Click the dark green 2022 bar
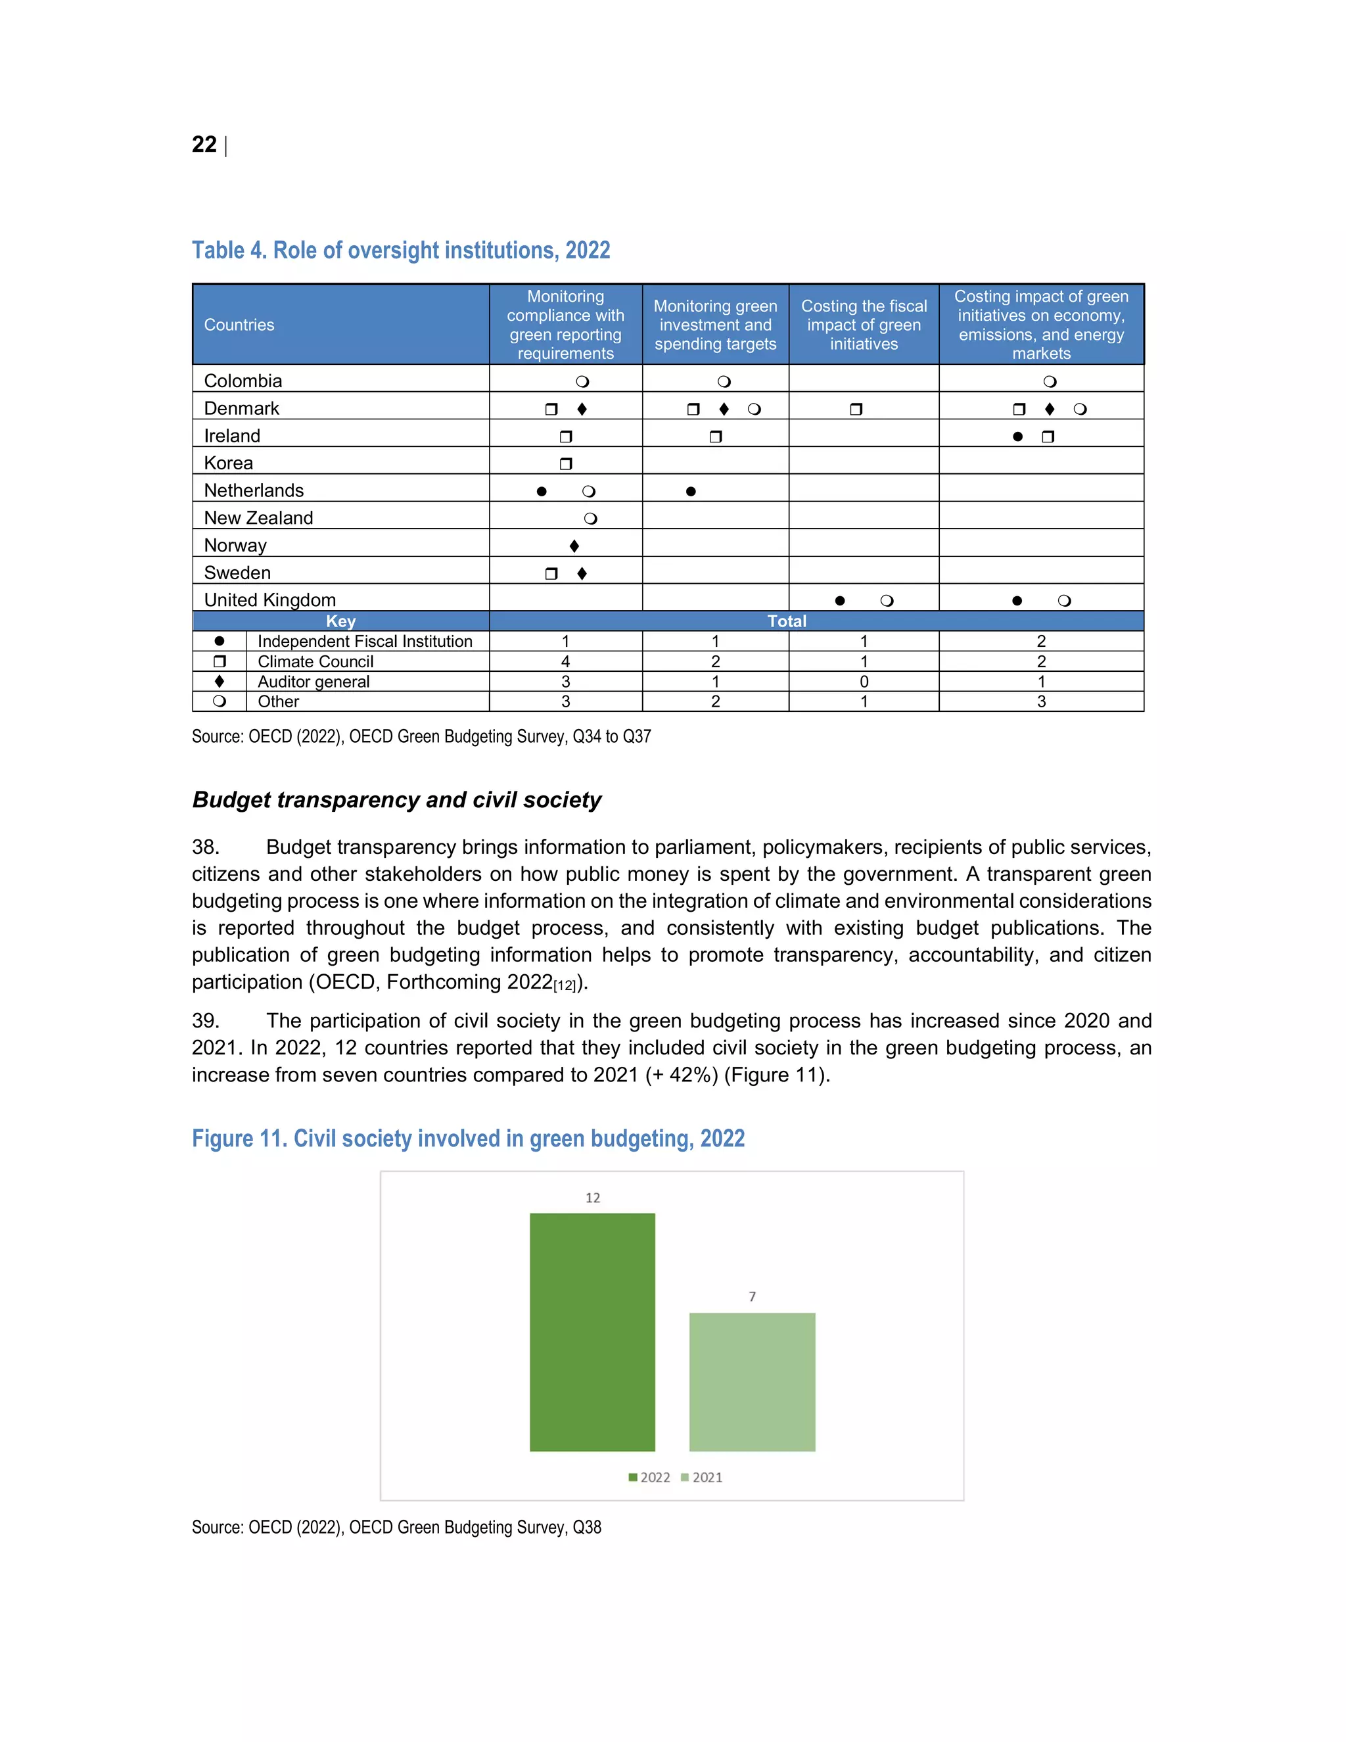592,1332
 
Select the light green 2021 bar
752,1382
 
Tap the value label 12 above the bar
592,1198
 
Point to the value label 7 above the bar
752,1297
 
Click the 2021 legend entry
702,1477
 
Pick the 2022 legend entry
650,1477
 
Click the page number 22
204,145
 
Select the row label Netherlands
254,490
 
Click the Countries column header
239,325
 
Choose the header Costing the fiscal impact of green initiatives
864,325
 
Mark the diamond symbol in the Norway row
574,546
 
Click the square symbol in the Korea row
566,463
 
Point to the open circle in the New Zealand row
590,519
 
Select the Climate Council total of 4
565,661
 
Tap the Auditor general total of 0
864,682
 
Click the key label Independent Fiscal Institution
364,642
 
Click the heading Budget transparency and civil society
396,800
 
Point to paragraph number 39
205,1021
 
